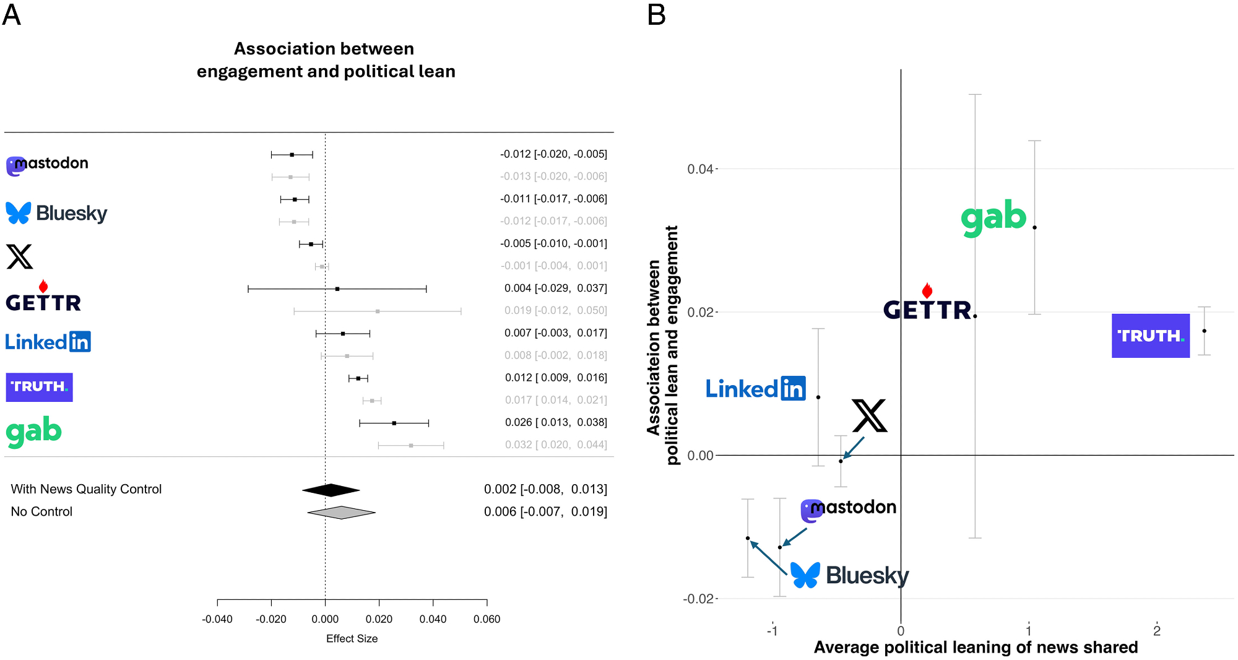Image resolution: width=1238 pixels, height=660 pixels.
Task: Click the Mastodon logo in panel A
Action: pyautogui.click(x=47, y=165)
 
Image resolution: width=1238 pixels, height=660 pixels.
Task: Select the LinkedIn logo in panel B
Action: pyautogui.click(x=755, y=389)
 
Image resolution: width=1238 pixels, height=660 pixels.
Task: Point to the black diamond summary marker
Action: pyautogui.click(x=331, y=490)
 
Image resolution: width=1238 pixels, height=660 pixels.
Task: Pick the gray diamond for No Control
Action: pyautogui.click(x=341, y=513)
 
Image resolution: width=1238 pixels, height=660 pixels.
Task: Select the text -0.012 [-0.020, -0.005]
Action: pyautogui.click(x=553, y=154)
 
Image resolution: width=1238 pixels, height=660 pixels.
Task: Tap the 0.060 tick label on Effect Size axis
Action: pyautogui.click(x=487, y=619)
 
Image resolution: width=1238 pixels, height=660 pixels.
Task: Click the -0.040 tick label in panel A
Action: pyautogui.click(x=217, y=619)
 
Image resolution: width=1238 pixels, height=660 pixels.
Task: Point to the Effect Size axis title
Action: pyautogui.click(x=352, y=639)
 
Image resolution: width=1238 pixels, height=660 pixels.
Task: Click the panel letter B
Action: pyautogui.click(x=656, y=15)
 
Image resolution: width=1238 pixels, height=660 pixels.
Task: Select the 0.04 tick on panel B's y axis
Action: pyautogui.click(x=700, y=169)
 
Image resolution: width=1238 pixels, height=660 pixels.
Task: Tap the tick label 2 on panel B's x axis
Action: pyautogui.click(x=1156, y=631)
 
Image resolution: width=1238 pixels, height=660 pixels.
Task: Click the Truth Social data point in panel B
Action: pyautogui.click(x=1204, y=331)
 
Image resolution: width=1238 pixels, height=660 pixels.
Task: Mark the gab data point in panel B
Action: pyautogui.click(x=1034, y=228)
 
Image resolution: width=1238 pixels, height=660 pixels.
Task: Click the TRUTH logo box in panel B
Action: pyautogui.click(x=1150, y=336)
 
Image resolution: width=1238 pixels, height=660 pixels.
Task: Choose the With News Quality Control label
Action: pyautogui.click(x=86, y=489)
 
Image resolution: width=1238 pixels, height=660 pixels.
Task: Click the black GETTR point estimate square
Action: pyautogui.click(x=337, y=289)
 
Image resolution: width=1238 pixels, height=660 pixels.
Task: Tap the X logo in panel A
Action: pyautogui.click(x=20, y=257)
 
